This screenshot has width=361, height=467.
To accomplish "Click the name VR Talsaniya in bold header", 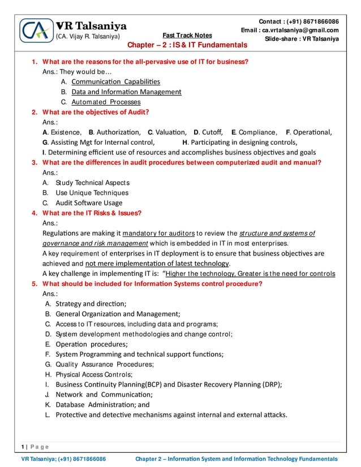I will (x=91, y=26).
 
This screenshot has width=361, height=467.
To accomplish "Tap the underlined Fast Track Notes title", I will (x=187, y=35).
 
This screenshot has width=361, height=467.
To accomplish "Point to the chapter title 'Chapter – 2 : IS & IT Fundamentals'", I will (x=187, y=45).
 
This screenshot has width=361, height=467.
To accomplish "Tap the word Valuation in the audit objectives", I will (x=170, y=132).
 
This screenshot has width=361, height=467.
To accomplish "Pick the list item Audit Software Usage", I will (x=89, y=203).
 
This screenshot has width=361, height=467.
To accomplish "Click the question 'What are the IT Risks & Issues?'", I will (x=92, y=213).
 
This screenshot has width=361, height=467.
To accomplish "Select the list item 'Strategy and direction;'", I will (x=91, y=304).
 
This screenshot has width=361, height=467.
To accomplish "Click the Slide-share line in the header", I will (x=302, y=39).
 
